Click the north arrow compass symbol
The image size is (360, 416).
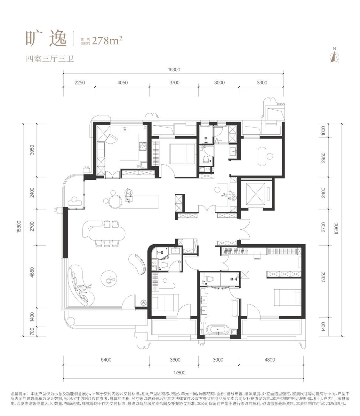coord(335,55)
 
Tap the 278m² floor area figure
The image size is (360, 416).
coord(107,41)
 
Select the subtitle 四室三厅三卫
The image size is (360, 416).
coord(50,59)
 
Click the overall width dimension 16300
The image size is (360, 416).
coord(174,70)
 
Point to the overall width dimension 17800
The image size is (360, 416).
coord(179,373)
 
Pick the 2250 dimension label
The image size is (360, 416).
coord(80,83)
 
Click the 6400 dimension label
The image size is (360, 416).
coord(106,360)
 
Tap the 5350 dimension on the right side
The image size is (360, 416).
coord(323,277)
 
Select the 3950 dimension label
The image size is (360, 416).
coord(32,150)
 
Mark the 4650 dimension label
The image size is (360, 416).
coord(32,272)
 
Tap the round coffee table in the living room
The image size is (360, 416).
coord(108,278)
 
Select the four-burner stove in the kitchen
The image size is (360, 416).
coord(142,146)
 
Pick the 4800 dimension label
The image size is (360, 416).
coord(269,360)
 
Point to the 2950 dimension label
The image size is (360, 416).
coord(323,158)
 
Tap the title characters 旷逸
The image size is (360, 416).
coord(46,39)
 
